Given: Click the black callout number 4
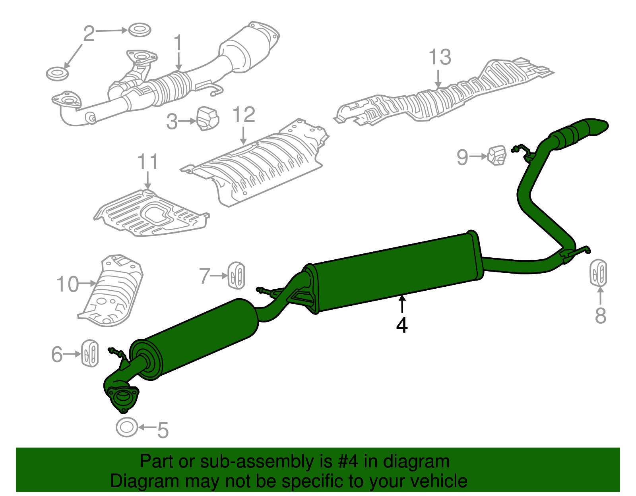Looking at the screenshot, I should pyautogui.click(x=402, y=325).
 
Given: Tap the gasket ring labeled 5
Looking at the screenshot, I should pyautogui.click(x=126, y=428).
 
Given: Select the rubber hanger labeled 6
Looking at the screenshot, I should pyautogui.click(x=90, y=353).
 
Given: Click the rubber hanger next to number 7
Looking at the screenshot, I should pyautogui.click(x=237, y=275).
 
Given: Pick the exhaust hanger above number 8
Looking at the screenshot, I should pyautogui.click(x=598, y=272).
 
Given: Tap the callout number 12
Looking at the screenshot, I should pyautogui.click(x=243, y=115).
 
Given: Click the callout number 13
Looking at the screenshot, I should pyautogui.click(x=440, y=58).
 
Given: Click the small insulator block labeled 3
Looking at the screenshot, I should pyautogui.click(x=207, y=118).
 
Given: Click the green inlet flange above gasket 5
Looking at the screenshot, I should pyautogui.click(x=122, y=396).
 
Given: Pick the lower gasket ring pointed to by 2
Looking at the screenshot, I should pyautogui.click(x=57, y=74).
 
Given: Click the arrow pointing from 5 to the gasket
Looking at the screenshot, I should pyautogui.click(x=147, y=428).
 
